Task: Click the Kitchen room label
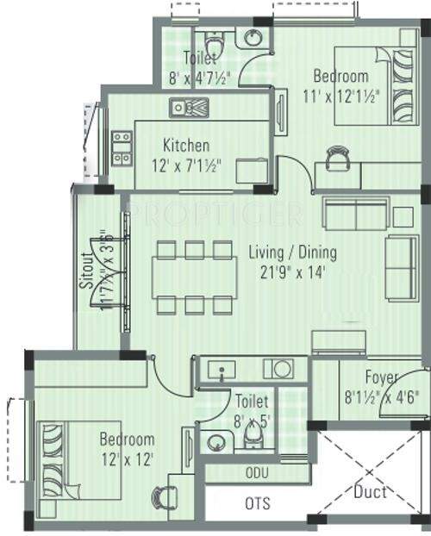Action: [x=185, y=146]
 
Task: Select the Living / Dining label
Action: [x=292, y=253]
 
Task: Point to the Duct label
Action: [x=371, y=492]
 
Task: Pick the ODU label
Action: [x=257, y=472]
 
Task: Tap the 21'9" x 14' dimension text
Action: [x=291, y=272]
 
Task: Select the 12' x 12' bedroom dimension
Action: [x=126, y=459]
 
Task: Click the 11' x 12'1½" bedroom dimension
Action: [x=340, y=97]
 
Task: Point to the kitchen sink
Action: [x=190, y=108]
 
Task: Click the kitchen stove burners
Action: [x=122, y=147]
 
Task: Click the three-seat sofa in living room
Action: [x=401, y=266]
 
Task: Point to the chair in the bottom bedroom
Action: [x=164, y=499]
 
